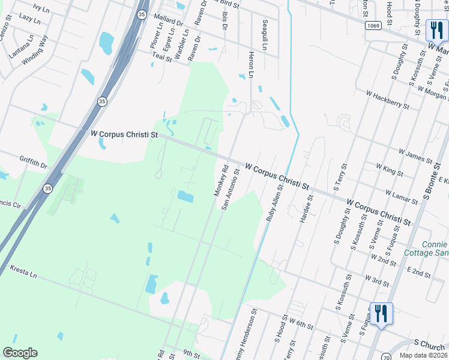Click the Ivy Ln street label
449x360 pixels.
coord(40,8)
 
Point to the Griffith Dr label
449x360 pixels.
coord(33,163)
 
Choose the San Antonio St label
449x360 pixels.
coord(231,188)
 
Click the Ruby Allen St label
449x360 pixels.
coord(274,204)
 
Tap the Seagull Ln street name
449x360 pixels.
coord(264,35)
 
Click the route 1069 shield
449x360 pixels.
coord(372,26)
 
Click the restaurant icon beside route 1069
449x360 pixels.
coord(435,29)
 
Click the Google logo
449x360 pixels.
coord(20,353)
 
